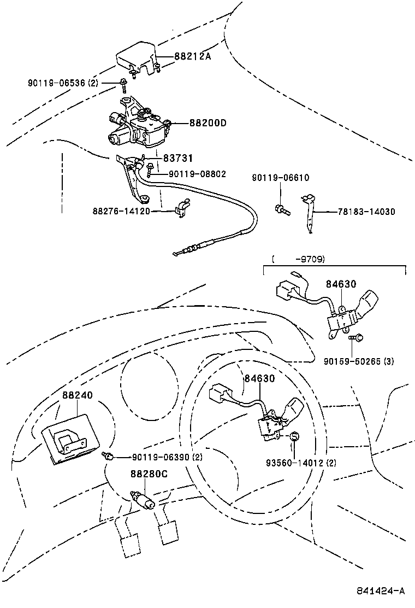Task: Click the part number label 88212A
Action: (x=192, y=56)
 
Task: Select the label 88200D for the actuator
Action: (x=207, y=123)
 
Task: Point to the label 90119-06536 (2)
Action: (x=63, y=83)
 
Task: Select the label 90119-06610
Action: (x=281, y=178)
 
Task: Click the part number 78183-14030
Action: (x=366, y=212)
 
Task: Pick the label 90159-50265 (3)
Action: (x=358, y=361)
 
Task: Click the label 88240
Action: (x=77, y=395)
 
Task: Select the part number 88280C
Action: (x=148, y=474)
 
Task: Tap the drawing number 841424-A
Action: (x=381, y=591)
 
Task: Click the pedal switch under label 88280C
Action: (x=143, y=500)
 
